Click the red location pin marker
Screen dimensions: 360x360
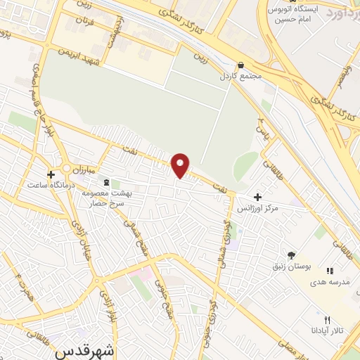click(181, 165)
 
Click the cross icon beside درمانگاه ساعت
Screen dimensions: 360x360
click(51, 174)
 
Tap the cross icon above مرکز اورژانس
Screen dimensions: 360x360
click(258, 197)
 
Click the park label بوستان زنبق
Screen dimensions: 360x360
click(291, 267)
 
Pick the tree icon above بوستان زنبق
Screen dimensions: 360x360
click(291, 255)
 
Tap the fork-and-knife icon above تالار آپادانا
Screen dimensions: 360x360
click(327, 320)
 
